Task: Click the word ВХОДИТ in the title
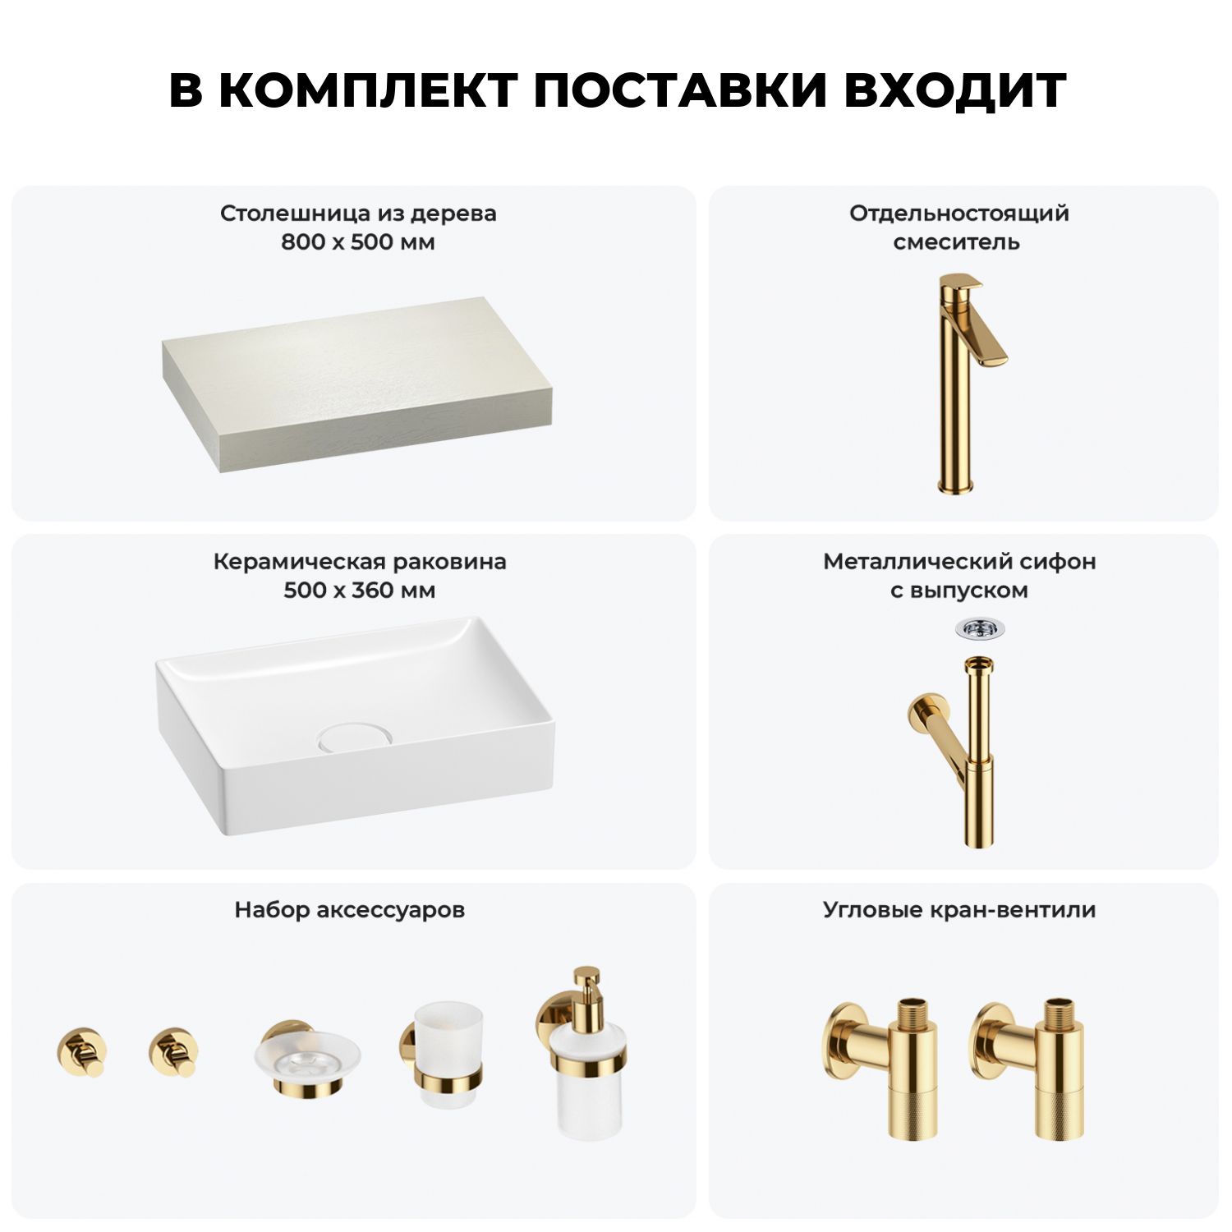954,90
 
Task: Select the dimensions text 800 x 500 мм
358,242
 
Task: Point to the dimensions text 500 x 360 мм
359,591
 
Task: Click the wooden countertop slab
357,384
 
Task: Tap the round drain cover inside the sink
356,736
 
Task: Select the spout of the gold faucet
990,340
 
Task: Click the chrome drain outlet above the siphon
980,629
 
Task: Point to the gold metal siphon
956,751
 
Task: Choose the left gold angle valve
880,1067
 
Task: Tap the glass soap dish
306,1057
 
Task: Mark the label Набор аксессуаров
350,910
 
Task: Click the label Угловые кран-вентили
959,911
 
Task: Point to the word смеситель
957,243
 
